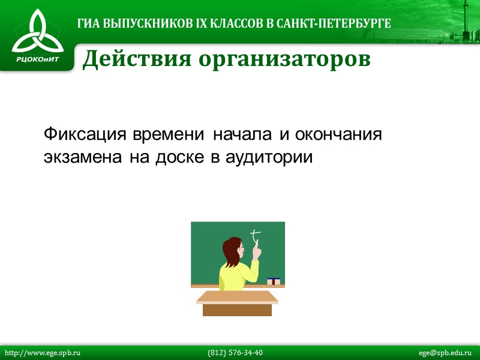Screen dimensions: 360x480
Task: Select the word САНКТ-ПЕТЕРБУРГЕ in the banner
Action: coord(337,24)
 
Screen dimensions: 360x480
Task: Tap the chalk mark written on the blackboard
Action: coord(256,235)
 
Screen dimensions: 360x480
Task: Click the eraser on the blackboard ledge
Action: coord(274,281)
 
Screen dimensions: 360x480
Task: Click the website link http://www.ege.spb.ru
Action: coord(43,353)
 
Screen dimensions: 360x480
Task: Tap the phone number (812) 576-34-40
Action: coord(235,353)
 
